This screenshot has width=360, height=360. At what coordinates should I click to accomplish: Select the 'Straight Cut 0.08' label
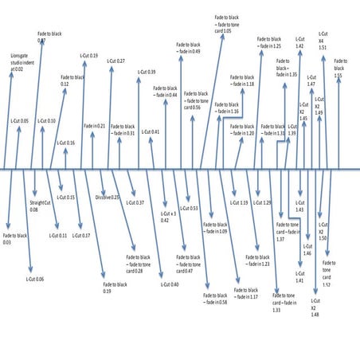click(40, 206)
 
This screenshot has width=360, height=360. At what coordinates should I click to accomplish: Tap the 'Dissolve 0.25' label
click(108, 197)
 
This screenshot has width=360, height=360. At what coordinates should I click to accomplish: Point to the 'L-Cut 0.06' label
click(34, 279)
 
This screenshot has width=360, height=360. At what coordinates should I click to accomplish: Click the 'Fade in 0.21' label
click(95, 126)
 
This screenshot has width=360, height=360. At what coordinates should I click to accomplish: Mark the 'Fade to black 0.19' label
click(112, 288)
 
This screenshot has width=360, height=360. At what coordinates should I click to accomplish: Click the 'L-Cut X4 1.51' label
click(323, 42)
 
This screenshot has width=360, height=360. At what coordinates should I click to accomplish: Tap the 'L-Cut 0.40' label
click(170, 284)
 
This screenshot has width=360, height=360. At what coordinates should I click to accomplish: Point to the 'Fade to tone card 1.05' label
click(229, 23)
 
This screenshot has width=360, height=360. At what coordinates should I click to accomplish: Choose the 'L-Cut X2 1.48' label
click(315, 307)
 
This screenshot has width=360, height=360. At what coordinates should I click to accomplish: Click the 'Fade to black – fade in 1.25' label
click(269, 43)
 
